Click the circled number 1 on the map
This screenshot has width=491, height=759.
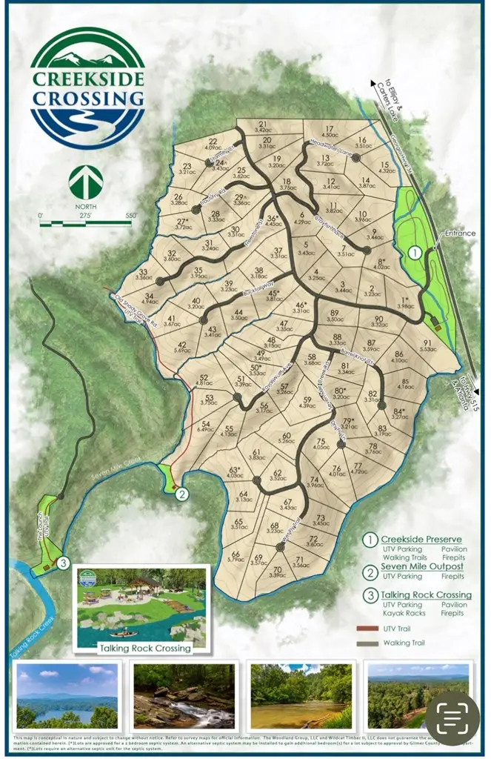pyautogui.click(x=415, y=252)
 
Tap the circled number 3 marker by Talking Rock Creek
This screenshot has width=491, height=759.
pyautogui.click(x=64, y=563)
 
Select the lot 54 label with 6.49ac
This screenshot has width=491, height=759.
pyautogui.click(x=205, y=426)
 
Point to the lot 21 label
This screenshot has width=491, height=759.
pyautogui.click(x=262, y=127)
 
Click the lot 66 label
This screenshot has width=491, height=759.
pyautogui.click(x=236, y=557)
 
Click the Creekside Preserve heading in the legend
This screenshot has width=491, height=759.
pyautogui.click(x=421, y=539)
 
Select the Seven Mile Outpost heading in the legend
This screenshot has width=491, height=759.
pyautogui.click(x=422, y=566)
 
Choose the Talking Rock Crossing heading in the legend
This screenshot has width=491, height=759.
pyautogui.click(x=426, y=594)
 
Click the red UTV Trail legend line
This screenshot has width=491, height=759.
pyautogui.click(x=367, y=628)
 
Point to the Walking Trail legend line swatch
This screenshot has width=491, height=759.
pyautogui.click(x=367, y=643)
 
